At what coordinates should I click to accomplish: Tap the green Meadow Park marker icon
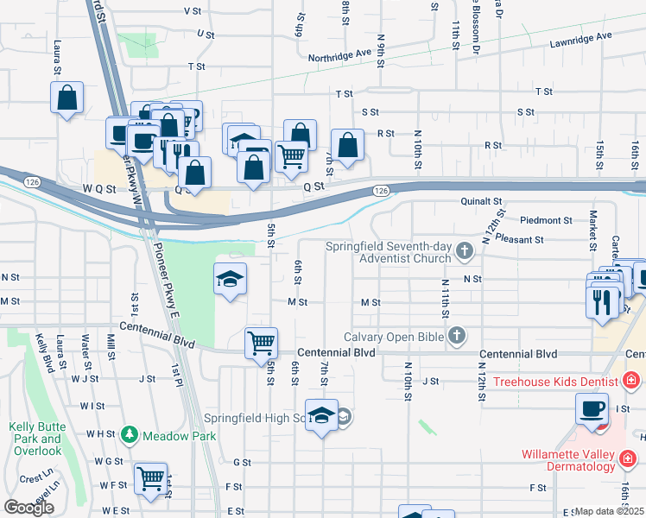pos(130,435)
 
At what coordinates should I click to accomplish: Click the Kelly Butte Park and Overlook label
pos(36,439)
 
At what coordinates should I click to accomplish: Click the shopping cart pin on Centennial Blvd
pos(261,344)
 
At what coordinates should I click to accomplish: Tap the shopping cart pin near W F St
pos(151,477)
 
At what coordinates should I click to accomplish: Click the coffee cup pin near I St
pos(593,408)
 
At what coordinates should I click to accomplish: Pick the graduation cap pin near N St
pos(230,279)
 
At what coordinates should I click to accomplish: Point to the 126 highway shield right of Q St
pos(380,190)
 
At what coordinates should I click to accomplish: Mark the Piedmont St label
pos(546,221)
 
